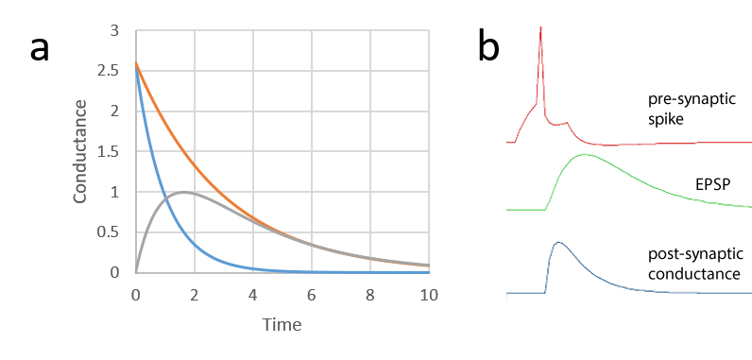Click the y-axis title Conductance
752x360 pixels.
click(81, 151)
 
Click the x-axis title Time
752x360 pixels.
click(282, 325)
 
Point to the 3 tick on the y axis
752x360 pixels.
click(114, 30)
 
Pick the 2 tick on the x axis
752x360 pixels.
click(195, 294)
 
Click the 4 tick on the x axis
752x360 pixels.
click(253, 294)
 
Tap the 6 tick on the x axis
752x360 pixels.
click(312, 294)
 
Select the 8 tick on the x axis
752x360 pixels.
click(370, 294)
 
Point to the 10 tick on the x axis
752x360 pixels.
click(429, 294)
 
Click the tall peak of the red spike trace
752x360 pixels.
click(540, 27)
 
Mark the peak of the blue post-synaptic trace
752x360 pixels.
click(558, 243)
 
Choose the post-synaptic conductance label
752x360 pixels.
click(694, 265)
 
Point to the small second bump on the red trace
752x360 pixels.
click(564, 123)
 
